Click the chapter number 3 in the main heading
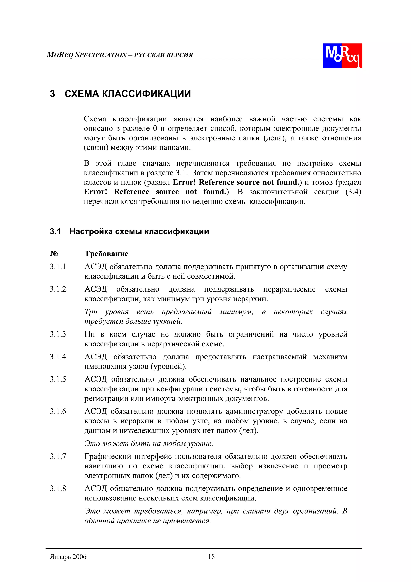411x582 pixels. click(52, 94)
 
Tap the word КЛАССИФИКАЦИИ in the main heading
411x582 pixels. click(146, 94)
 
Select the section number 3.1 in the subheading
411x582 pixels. click(55, 231)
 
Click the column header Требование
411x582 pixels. click(106, 254)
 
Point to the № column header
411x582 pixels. click(54, 254)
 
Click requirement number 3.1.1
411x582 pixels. click(58, 267)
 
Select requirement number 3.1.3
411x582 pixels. click(58, 334)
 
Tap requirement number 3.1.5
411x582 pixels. click(58, 379)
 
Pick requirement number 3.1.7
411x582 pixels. click(58, 456)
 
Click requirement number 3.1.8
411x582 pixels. click(58, 488)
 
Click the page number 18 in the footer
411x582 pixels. click(211, 557)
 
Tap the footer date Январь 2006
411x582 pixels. click(68, 557)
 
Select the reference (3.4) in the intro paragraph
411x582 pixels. click(353, 192)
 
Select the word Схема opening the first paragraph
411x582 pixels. click(95, 119)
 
